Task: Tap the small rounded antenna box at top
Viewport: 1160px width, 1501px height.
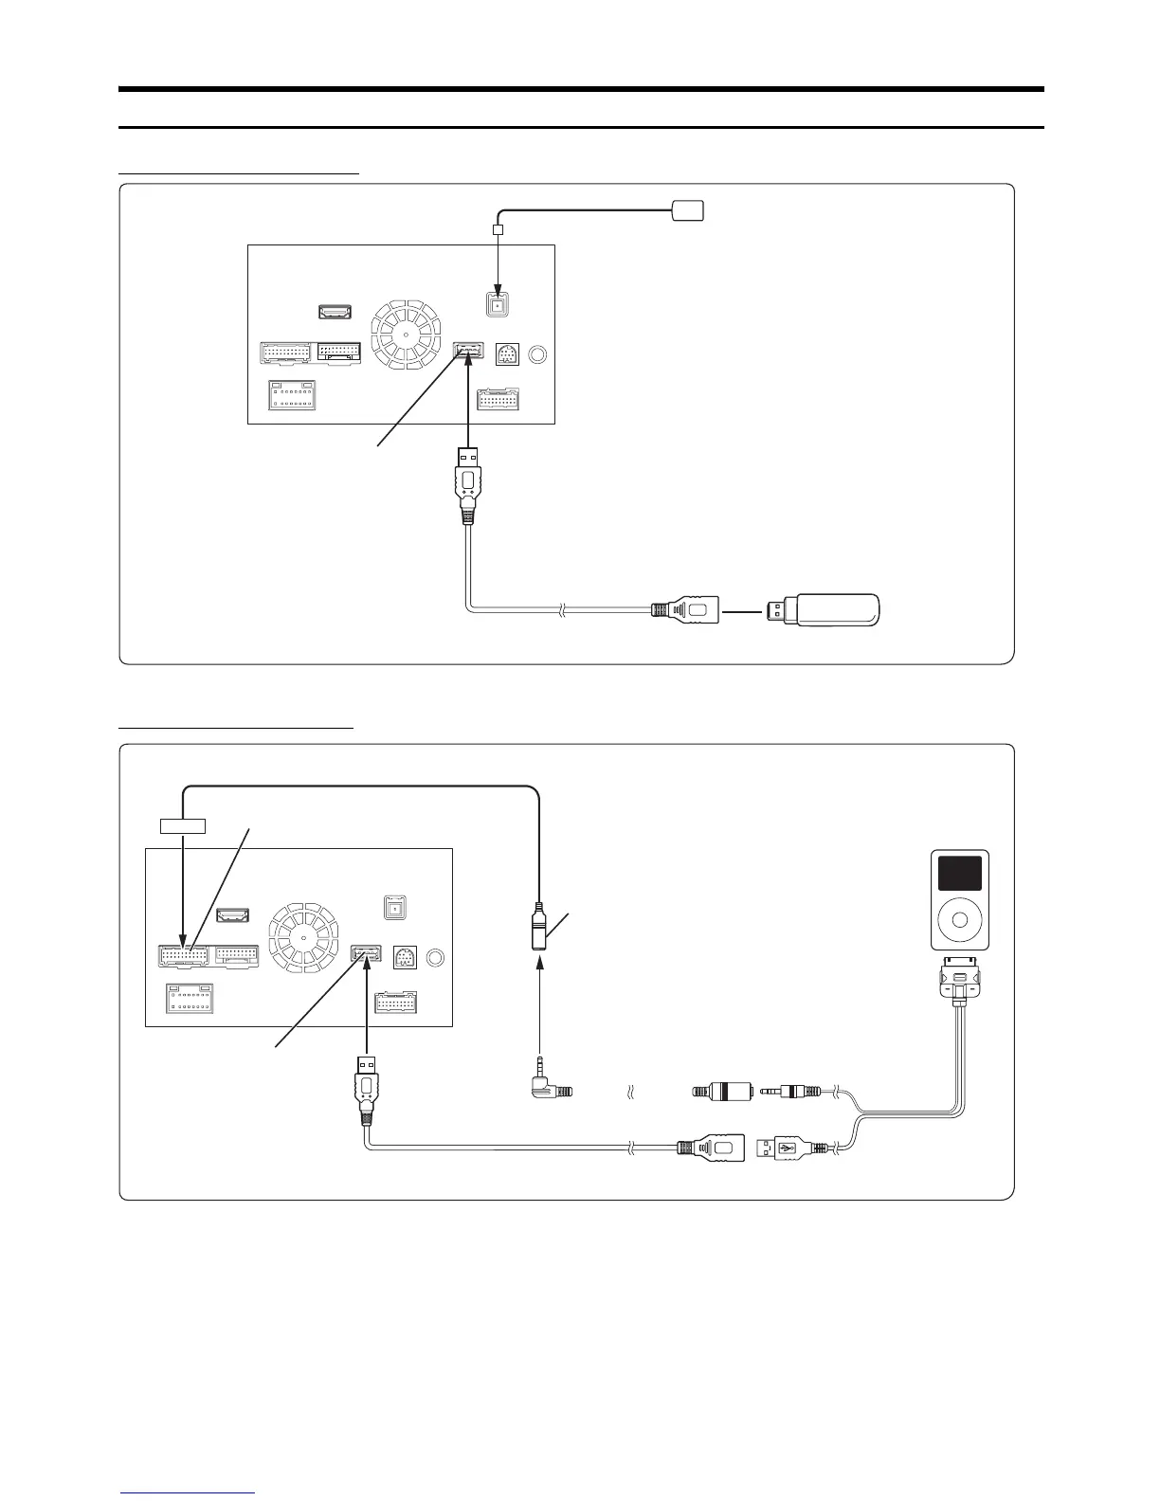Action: point(687,209)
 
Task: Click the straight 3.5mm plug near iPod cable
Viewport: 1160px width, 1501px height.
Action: point(796,1091)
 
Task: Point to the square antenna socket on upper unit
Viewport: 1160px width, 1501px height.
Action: point(497,305)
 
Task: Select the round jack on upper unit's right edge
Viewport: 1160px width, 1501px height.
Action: point(537,354)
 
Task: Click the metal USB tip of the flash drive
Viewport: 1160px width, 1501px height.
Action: point(777,610)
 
